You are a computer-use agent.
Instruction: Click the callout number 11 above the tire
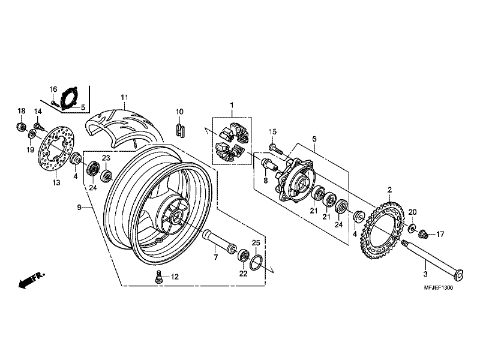(x=124, y=98)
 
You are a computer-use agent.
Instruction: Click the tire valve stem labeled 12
(x=159, y=277)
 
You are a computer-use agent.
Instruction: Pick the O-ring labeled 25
(x=256, y=262)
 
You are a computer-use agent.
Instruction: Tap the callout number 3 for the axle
(x=425, y=274)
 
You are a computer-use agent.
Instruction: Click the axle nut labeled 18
(x=20, y=127)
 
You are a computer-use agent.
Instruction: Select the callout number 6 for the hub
(x=313, y=139)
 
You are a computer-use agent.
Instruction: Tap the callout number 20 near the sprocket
(x=412, y=212)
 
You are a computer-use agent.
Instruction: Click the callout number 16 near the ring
(x=53, y=90)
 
